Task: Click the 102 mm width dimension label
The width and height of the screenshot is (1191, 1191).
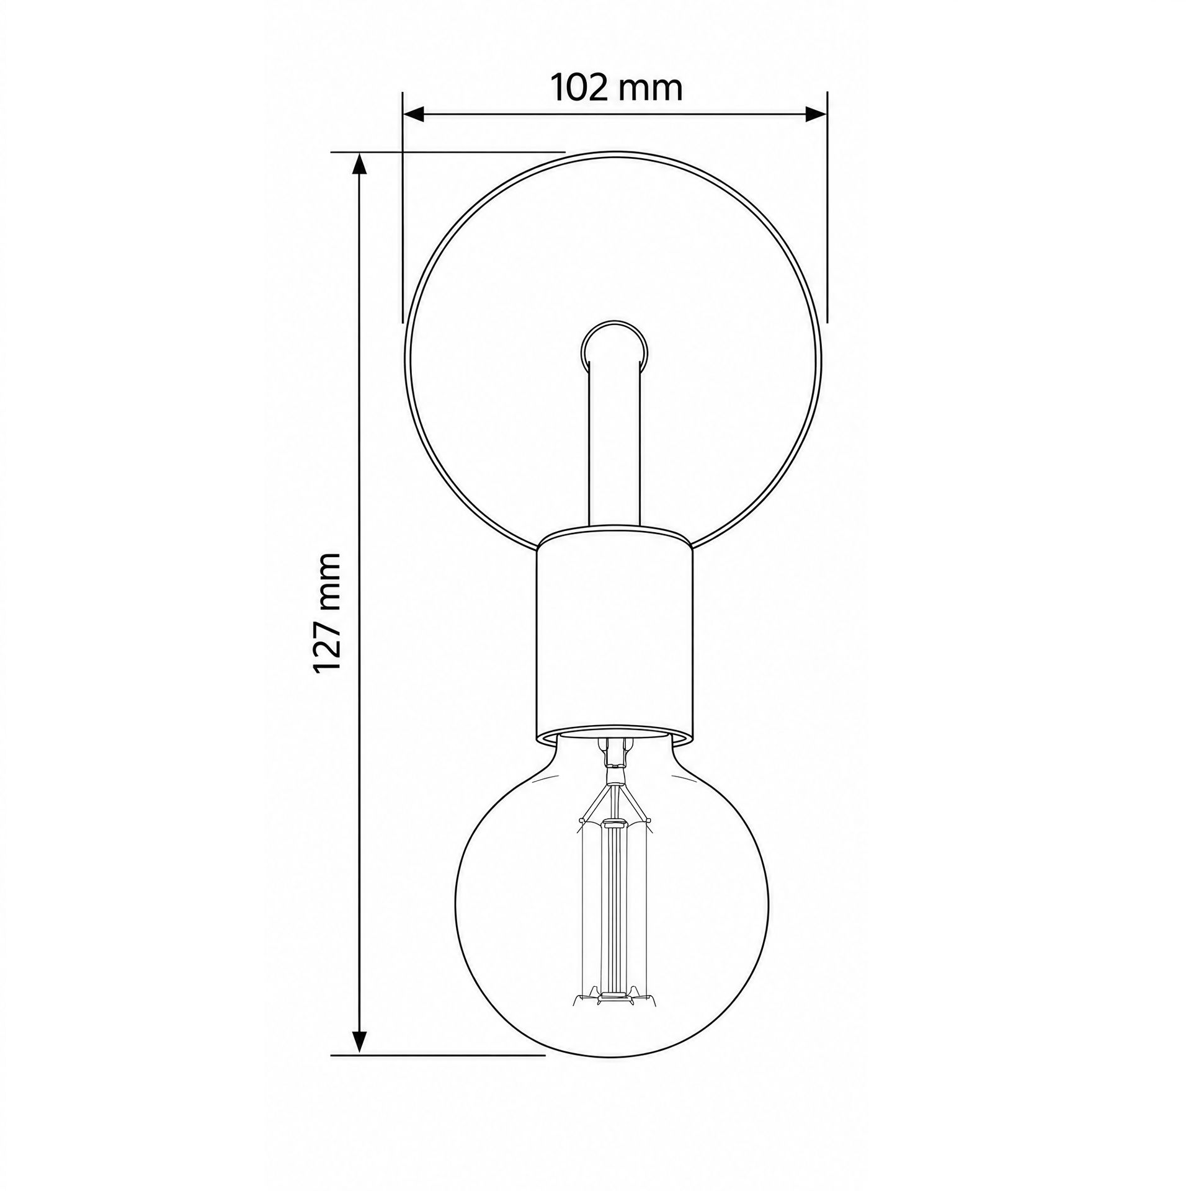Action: [617, 88]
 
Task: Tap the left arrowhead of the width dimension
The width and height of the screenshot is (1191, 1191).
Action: [414, 114]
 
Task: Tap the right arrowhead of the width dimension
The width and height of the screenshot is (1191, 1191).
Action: [816, 114]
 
